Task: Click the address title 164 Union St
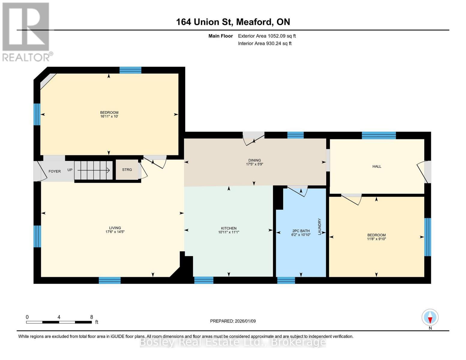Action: pos(233,22)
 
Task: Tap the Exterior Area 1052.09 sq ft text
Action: pos(267,36)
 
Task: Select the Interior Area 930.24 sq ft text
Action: pos(265,43)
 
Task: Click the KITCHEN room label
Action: pos(229,228)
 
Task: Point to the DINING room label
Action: pos(254,160)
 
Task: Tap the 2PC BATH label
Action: pos(301,231)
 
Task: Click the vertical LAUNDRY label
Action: pos(320,226)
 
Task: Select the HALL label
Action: pos(377,166)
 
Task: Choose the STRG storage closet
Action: pos(127,170)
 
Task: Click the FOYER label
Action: pos(55,171)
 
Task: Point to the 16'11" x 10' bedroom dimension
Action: pos(109,116)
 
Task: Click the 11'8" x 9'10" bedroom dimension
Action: pos(376,239)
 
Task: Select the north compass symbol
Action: pos(430,318)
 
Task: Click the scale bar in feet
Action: pos(59,322)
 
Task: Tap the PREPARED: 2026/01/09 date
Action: pos(233,321)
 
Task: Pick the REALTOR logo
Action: pos(26,31)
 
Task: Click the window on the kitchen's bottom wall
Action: pos(204,280)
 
